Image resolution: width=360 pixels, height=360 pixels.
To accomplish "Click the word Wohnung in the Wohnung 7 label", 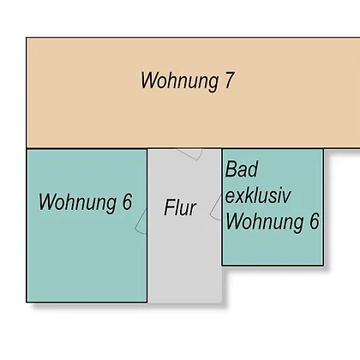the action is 179,81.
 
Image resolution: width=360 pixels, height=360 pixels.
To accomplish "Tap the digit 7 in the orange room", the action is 229,80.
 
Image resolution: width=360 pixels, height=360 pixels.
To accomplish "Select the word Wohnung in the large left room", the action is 77,203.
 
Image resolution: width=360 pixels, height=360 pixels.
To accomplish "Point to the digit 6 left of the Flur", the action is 128,201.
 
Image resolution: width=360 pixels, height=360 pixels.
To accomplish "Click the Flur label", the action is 180,207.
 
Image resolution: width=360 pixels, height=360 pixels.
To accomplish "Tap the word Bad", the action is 242,169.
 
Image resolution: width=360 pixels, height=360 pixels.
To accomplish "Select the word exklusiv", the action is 258,195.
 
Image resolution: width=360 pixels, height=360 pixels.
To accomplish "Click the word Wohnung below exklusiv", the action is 265,222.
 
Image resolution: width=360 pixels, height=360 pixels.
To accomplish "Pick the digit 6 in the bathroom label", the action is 315,221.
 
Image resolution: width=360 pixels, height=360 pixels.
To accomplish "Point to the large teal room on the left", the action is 87,257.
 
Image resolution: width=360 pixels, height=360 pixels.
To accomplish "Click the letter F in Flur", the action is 169,207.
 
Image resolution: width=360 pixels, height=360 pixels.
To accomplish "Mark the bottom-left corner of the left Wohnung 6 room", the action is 27,302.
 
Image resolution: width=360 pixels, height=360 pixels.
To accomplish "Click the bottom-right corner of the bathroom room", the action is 323,265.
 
